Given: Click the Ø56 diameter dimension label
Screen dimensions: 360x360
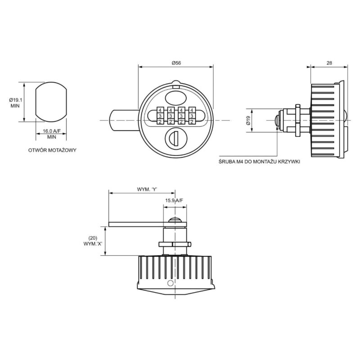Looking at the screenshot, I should pos(176,63).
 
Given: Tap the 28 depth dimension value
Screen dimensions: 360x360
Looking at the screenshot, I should pos(328,63).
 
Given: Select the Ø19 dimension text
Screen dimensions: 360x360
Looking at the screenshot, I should pos(247,121).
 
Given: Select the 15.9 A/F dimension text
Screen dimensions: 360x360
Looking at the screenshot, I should pos(174,200).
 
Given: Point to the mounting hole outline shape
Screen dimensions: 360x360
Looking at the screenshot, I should pos(51,102).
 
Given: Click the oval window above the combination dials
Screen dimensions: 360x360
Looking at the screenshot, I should pos(175,97).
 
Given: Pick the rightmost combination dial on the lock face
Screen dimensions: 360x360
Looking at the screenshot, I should pos(192,116).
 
